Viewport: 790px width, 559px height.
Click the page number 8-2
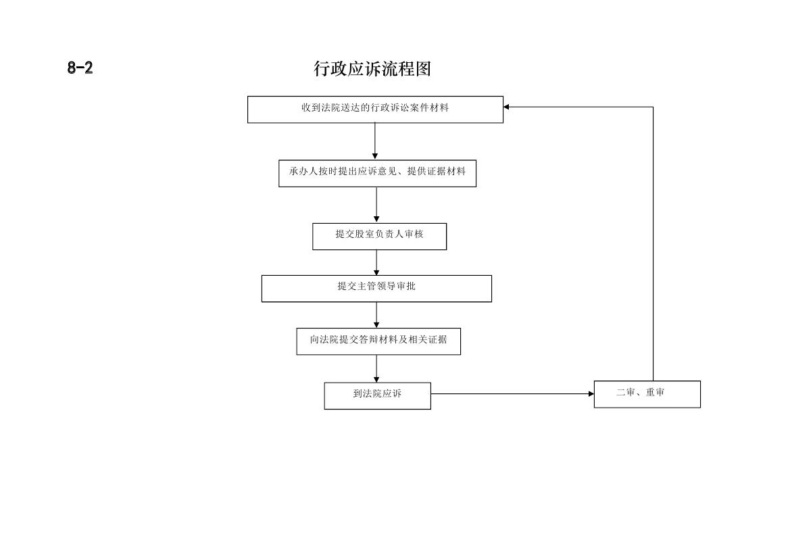point(80,68)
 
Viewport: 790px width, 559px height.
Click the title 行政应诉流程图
point(372,68)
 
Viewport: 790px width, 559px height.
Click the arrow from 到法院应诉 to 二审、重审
point(512,393)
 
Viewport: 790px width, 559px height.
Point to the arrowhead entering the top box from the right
point(506,107)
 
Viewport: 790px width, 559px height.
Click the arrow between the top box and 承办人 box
point(375,141)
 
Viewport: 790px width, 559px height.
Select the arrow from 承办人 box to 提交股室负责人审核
point(376,205)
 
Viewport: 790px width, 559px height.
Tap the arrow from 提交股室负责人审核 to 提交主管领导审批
point(376,263)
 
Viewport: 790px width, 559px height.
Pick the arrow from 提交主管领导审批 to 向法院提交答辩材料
point(376,315)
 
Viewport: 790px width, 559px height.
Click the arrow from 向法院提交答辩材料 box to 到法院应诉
point(376,368)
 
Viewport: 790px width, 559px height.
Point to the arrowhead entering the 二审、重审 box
point(591,393)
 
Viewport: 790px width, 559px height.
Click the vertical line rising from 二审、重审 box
point(653,244)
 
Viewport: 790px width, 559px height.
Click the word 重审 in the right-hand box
point(655,392)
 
